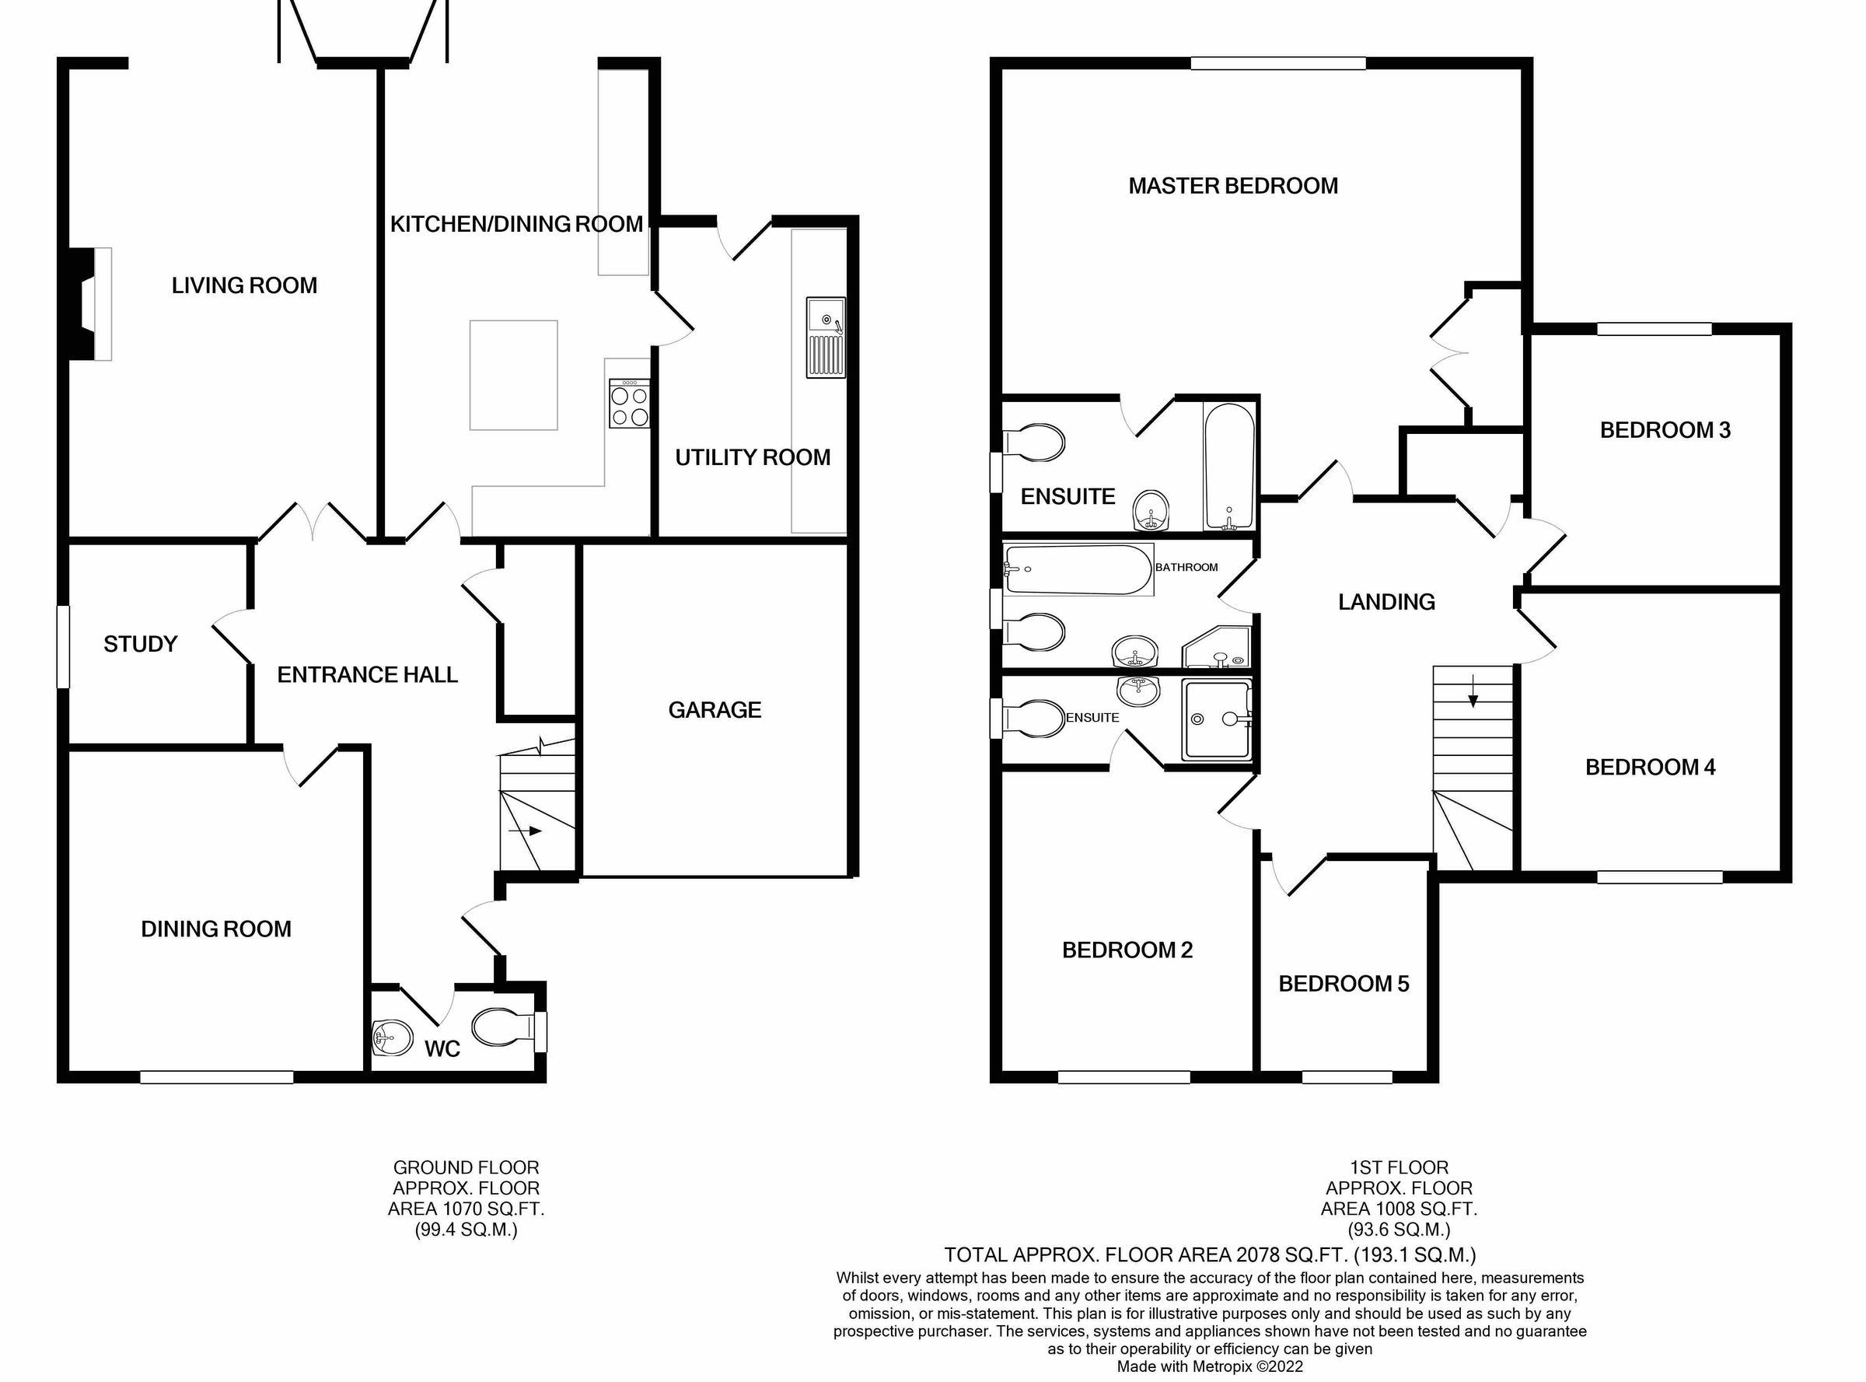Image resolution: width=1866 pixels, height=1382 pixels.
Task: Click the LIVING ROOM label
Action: (x=244, y=286)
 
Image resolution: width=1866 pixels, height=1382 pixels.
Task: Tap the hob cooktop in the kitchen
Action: (x=629, y=404)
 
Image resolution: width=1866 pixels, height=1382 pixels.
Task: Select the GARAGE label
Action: (x=715, y=710)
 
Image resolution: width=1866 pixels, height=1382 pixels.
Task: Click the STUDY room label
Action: (x=141, y=644)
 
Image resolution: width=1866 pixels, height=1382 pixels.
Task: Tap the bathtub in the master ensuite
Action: (x=1228, y=467)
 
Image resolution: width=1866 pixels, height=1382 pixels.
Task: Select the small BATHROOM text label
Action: (x=1186, y=567)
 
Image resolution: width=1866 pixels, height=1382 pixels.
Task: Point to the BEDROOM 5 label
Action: (x=1344, y=984)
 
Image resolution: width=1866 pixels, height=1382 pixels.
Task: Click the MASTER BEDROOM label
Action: (x=1233, y=186)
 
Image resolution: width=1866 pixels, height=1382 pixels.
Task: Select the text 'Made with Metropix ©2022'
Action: (x=1210, y=1367)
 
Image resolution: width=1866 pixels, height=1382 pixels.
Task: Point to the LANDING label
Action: (x=1386, y=602)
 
